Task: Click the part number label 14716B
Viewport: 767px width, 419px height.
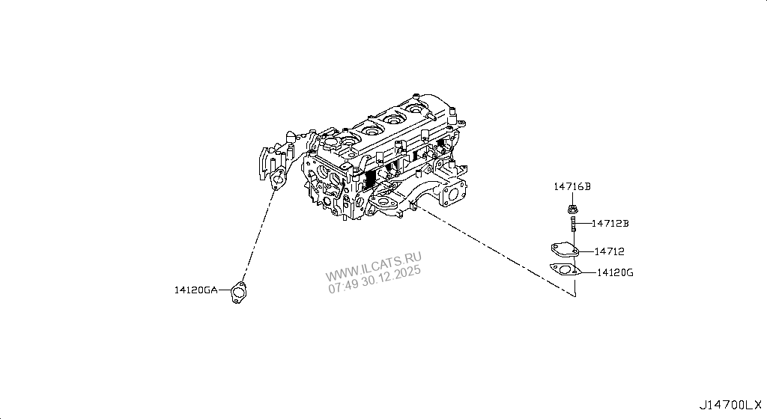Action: (573, 186)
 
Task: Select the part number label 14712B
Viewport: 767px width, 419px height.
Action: (610, 223)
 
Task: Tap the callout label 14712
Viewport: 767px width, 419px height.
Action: (610, 252)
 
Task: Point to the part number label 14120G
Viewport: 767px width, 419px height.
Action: (616, 273)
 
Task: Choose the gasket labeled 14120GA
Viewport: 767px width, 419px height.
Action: (239, 292)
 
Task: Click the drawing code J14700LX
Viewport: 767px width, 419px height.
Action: (732, 406)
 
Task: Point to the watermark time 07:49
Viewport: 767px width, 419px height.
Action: (342, 286)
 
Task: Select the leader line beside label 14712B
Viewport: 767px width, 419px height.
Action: (583, 223)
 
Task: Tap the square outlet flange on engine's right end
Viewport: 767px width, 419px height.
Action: (455, 192)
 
